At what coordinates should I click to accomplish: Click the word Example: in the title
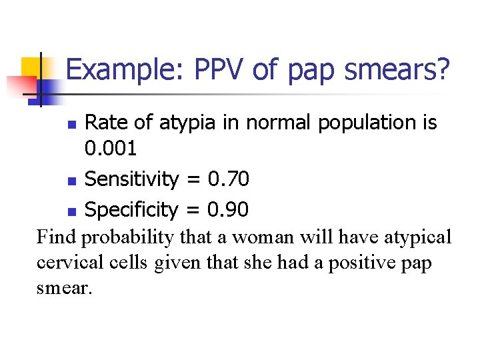click(x=125, y=70)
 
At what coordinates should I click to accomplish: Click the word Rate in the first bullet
click(x=109, y=123)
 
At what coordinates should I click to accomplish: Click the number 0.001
click(x=111, y=149)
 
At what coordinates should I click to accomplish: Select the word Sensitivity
click(x=132, y=179)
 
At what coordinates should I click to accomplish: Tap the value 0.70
click(x=229, y=179)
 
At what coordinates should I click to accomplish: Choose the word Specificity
click(x=131, y=209)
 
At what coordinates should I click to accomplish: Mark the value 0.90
click(x=228, y=209)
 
